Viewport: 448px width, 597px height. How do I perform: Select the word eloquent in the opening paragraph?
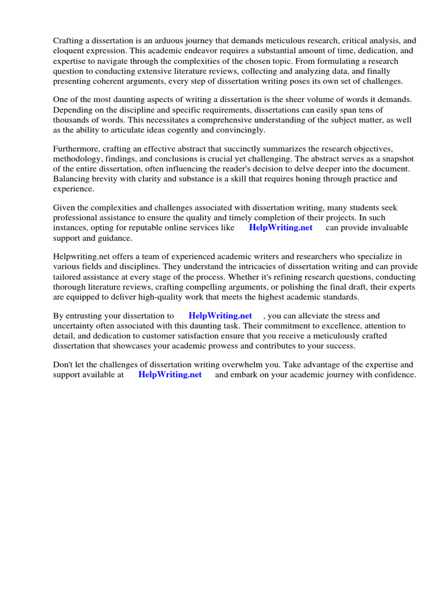click(x=69, y=51)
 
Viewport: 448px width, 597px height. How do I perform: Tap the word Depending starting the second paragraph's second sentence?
click(x=72, y=110)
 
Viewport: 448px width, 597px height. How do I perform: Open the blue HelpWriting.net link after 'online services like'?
click(x=281, y=227)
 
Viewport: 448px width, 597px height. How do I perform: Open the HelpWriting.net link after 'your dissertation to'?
click(x=220, y=316)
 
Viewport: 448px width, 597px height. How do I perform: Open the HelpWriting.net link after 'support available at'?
click(x=170, y=375)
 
